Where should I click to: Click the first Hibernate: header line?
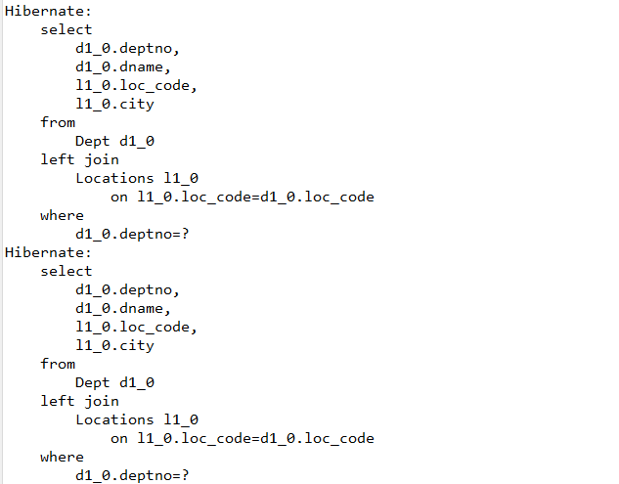click(x=48, y=11)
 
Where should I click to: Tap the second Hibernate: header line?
click(x=48, y=252)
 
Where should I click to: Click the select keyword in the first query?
click(x=66, y=29)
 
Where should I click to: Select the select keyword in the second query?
click(x=66, y=271)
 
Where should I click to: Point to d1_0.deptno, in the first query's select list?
click(x=128, y=48)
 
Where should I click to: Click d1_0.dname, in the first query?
click(x=123, y=66)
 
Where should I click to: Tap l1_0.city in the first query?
click(x=114, y=104)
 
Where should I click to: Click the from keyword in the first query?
click(x=58, y=122)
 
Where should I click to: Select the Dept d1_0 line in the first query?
click(x=114, y=141)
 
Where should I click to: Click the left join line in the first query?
click(x=79, y=159)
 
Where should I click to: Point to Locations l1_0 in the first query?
click(x=137, y=178)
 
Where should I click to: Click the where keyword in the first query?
click(x=62, y=215)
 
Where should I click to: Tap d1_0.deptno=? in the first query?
click(x=132, y=234)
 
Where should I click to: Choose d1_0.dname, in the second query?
click(x=123, y=308)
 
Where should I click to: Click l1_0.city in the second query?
click(x=114, y=345)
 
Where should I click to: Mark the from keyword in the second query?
click(x=58, y=364)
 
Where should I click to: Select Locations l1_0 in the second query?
click(x=137, y=419)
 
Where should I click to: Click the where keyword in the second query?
click(x=62, y=457)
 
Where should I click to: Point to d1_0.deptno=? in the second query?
click(x=132, y=475)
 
